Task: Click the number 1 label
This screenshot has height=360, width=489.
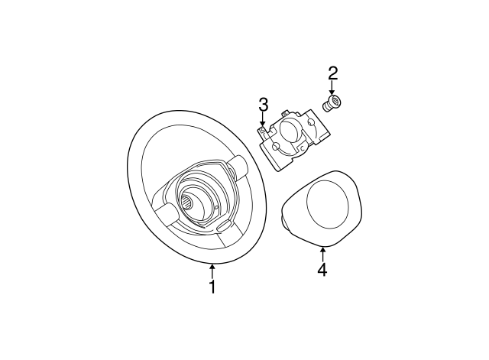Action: tap(212, 287)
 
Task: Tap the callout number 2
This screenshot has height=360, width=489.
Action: tap(332, 74)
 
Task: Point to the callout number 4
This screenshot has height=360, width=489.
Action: tap(322, 270)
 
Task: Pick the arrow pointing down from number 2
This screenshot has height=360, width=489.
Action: tap(332, 89)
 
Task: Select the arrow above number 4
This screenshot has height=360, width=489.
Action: tap(322, 253)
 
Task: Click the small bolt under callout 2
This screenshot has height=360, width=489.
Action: tap(334, 104)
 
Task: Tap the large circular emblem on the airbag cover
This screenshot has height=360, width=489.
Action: tap(329, 203)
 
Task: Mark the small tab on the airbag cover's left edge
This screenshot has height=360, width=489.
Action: tap(285, 222)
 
